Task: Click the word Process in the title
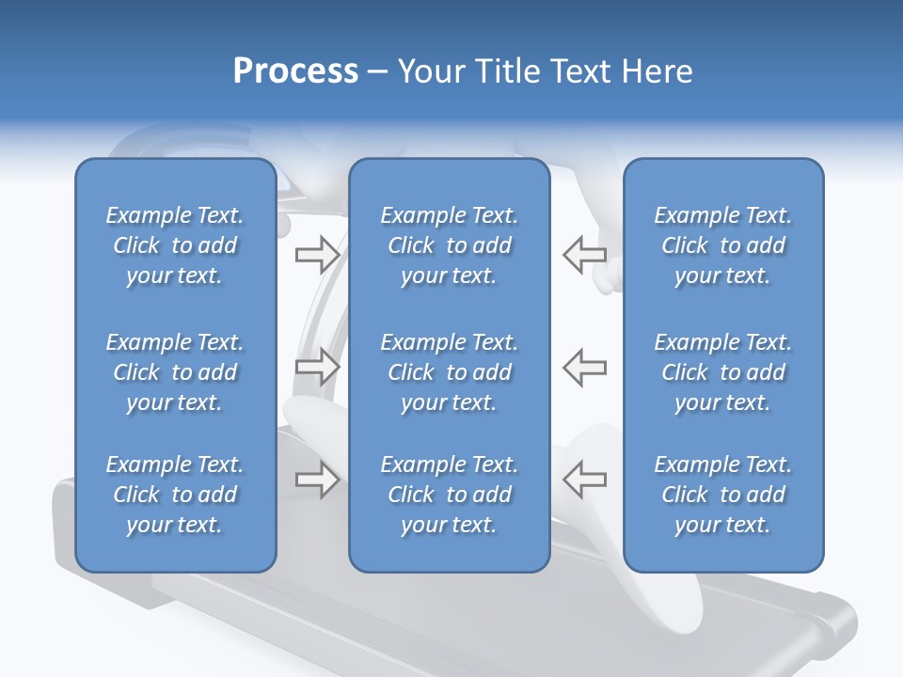[295, 71]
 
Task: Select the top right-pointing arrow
[318, 254]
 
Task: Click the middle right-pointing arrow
[318, 367]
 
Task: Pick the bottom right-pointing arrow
[318, 480]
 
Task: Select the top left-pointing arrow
[584, 254]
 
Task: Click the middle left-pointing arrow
[584, 367]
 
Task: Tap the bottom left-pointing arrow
[584, 480]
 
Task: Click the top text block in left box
[175, 245]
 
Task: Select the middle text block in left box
[175, 372]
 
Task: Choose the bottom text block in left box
[175, 495]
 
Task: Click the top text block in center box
[450, 245]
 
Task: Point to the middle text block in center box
[450, 372]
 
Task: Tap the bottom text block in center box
[450, 495]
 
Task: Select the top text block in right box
[723, 245]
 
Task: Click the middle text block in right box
[723, 372]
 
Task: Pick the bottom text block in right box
[723, 495]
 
